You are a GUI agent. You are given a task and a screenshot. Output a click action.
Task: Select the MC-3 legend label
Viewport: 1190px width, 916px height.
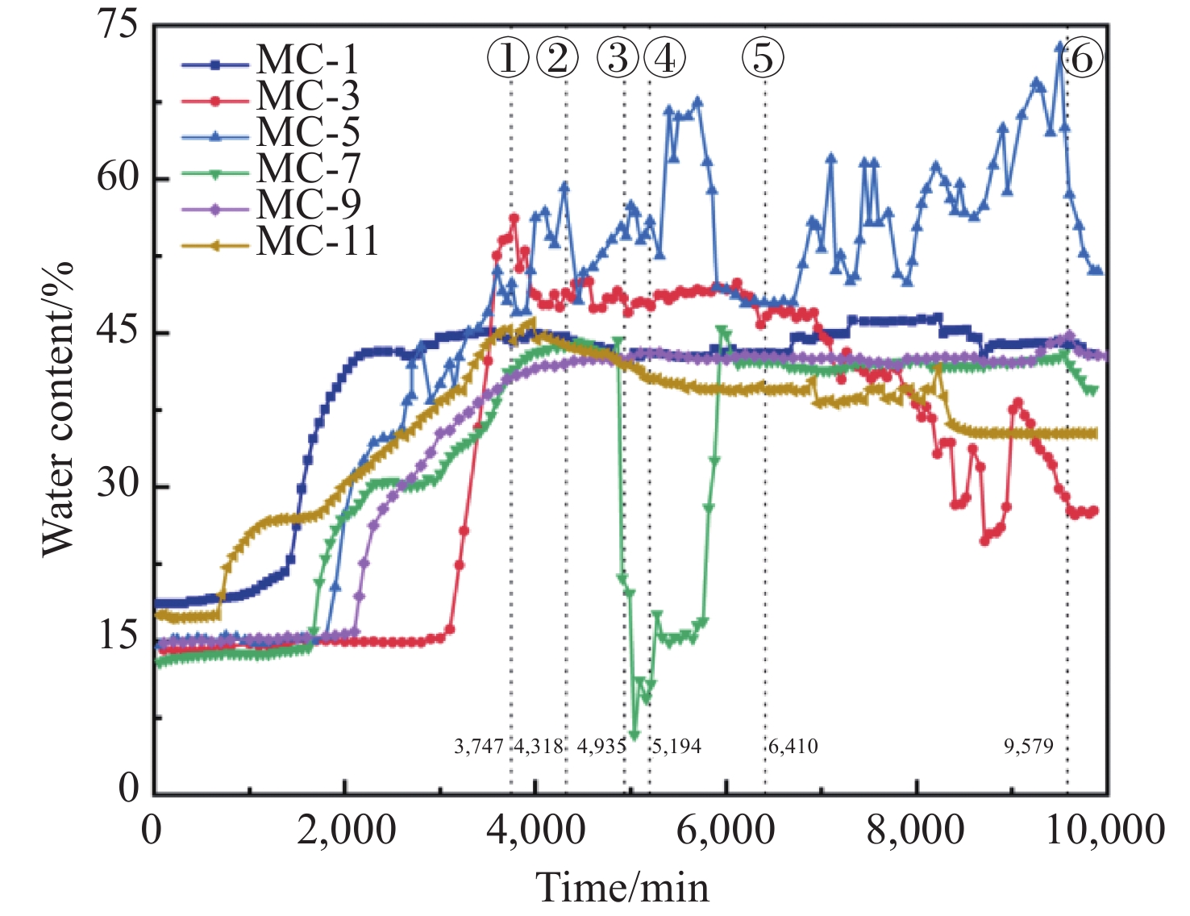point(307,98)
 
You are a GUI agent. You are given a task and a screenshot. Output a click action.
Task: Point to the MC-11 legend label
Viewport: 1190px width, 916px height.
point(317,242)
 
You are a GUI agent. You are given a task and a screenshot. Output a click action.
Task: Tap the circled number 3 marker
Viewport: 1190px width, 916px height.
point(618,58)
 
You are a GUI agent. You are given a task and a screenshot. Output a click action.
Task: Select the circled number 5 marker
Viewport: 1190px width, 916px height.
point(763,58)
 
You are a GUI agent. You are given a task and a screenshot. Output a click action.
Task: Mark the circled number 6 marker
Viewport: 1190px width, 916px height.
point(1082,58)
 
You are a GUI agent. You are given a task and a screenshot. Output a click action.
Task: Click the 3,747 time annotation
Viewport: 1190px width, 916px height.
point(479,747)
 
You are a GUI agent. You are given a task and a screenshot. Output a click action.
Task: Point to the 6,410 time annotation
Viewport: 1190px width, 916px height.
point(793,747)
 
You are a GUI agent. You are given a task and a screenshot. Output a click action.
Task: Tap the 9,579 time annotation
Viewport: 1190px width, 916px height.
point(1029,747)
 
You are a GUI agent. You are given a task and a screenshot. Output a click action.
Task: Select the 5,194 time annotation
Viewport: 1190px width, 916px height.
point(676,747)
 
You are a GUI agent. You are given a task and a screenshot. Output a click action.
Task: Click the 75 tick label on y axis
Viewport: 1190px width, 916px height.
point(119,26)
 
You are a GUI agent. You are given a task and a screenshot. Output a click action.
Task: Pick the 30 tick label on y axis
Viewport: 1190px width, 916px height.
point(119,485)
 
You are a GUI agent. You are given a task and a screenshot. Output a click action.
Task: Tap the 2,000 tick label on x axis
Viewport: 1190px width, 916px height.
point(346,831)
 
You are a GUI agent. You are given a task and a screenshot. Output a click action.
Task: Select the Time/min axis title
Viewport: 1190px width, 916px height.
point(622,887)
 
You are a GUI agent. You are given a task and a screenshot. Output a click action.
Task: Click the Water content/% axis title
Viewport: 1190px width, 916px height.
point(58,410)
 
